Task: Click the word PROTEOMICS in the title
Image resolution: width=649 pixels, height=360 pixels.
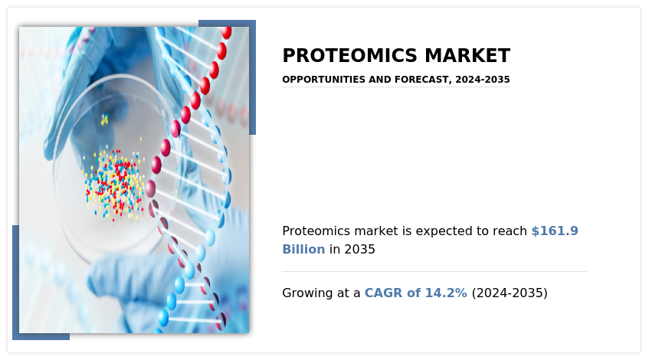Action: click(349, 56)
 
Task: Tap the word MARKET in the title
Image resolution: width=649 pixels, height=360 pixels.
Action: click(467, 56)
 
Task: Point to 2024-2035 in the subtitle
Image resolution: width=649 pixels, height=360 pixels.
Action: click(483, 80)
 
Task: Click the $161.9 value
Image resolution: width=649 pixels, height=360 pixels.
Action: click(555, 231)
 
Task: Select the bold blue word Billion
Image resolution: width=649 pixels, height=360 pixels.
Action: click(303, 250)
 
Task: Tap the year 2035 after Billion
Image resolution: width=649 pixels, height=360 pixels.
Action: click(359, 250)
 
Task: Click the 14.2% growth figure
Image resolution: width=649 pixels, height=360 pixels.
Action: click(446, 293)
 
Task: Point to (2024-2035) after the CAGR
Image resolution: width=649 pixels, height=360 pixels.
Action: click(510, 293)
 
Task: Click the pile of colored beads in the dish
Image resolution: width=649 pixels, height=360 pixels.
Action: click(115, 184)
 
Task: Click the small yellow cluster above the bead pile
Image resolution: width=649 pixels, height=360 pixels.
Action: click(104, 120)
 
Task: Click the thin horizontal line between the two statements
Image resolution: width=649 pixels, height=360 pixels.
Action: click(434, 271)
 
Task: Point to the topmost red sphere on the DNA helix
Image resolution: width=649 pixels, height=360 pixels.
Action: click(226, 32)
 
